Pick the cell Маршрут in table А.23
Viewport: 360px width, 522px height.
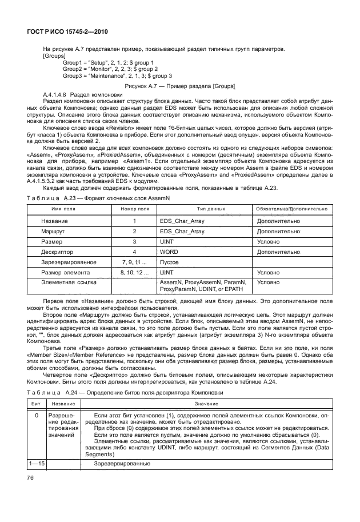(53, 232)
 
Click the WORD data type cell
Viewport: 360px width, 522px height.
(169, 252)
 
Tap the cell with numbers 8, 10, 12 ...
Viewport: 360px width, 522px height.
(135, 272)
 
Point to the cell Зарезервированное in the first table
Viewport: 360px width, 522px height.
(69, 262)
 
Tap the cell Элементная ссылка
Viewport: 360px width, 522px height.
(68, 282)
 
